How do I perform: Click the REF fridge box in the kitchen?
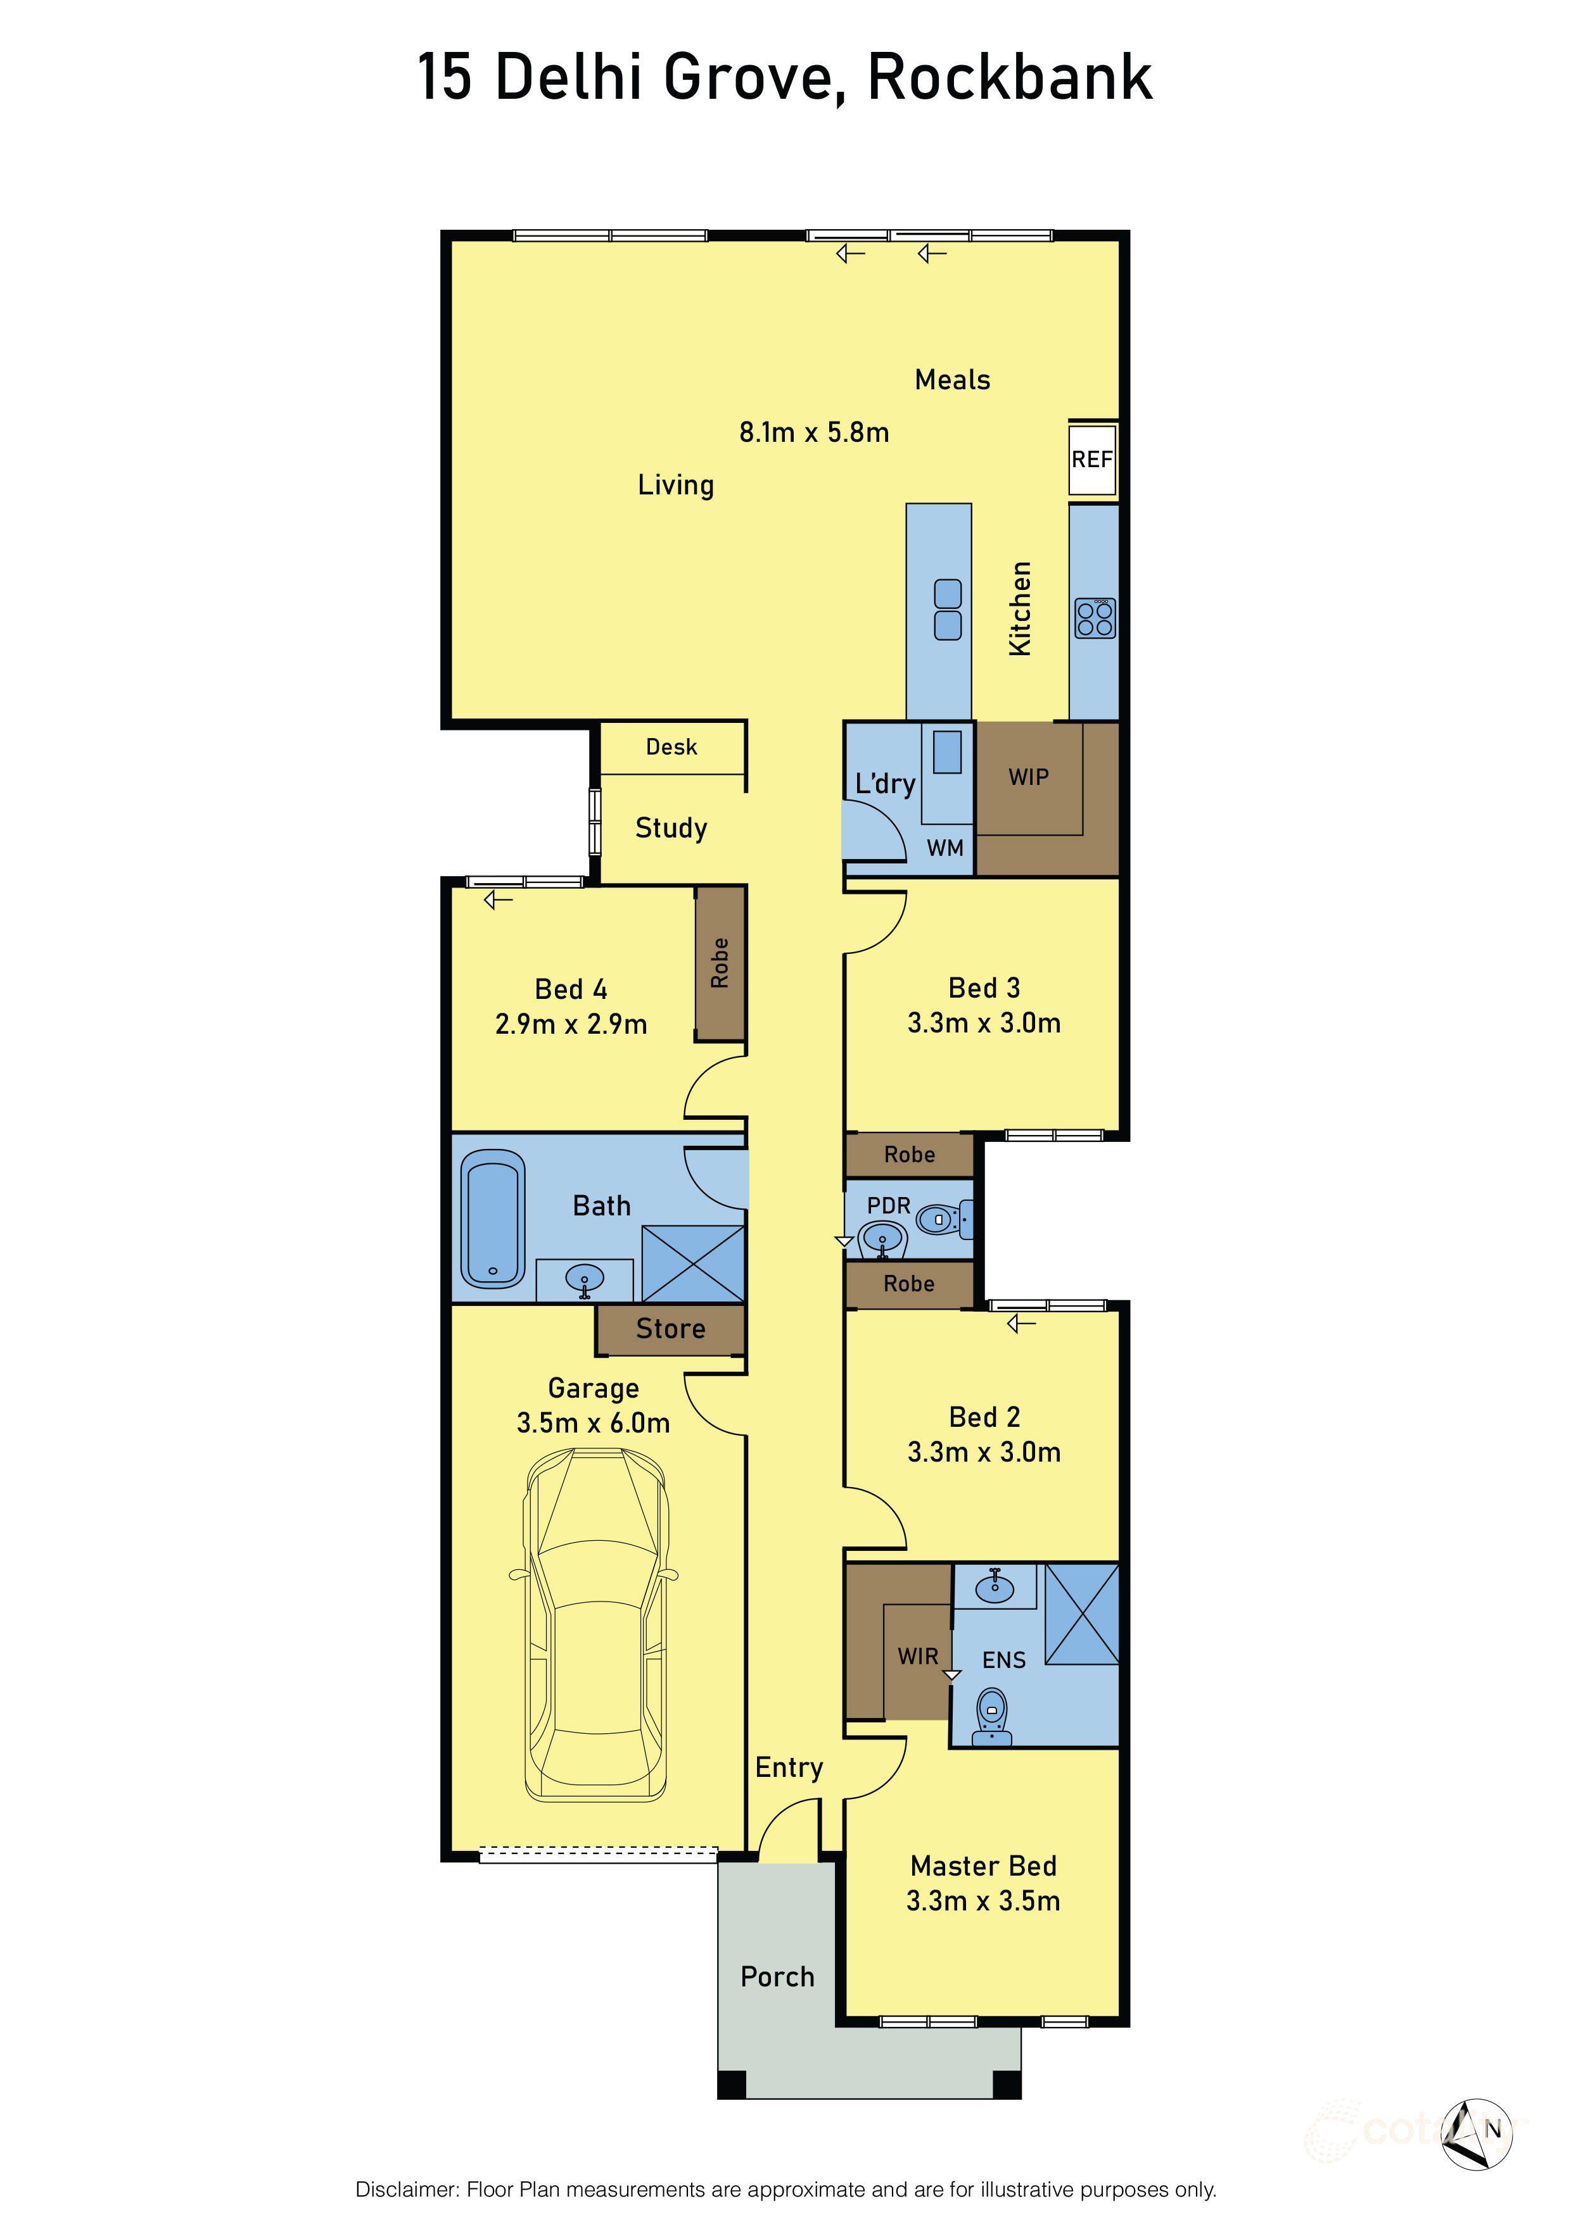[1092, 460]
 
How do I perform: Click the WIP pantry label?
[1028, 777]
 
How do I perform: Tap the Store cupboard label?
[670, 1329]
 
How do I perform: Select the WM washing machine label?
[945, 848]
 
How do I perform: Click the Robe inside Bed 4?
[719, 963]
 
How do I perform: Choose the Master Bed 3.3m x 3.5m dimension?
[983, 1901]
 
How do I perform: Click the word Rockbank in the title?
[1010, 77]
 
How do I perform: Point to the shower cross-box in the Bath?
[692, 1263]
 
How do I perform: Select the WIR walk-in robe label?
[917, 1657]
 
